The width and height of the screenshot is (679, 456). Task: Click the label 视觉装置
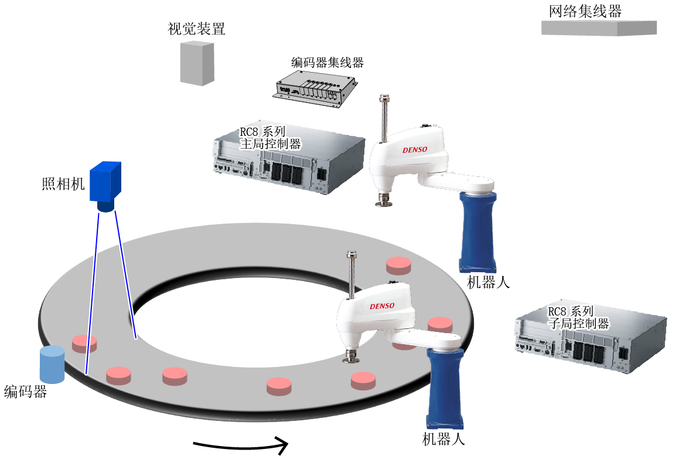(196, 29)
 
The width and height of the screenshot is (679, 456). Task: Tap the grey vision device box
(197, 63)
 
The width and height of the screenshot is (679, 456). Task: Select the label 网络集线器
(585, 11)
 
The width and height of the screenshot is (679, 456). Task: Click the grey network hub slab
(599, 28)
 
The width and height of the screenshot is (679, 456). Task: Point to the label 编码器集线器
(327, 63)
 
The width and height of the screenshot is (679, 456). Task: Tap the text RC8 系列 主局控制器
(270, 138)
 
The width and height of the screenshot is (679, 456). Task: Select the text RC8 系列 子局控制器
(579, 317)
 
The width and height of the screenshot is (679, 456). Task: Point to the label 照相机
(63, 184)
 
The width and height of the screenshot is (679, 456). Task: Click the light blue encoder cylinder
(52, 365)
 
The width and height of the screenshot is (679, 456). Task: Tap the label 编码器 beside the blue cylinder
(26, 392)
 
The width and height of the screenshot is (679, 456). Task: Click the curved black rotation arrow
(241, 445)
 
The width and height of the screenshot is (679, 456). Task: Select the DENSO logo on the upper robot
(415, 150)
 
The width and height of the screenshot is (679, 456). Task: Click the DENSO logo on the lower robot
(382, 306)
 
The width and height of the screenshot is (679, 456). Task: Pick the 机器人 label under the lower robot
(443, 439)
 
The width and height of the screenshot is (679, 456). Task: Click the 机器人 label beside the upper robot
(489, 283)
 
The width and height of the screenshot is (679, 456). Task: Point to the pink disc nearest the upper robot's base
(398, 266)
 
